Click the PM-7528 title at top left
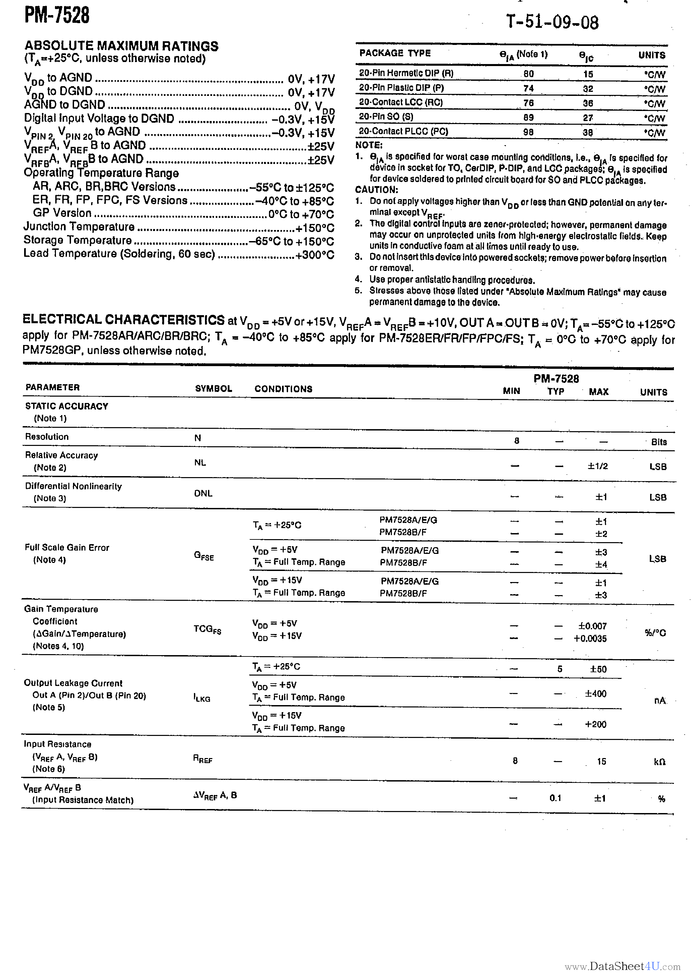(x=57, y=15)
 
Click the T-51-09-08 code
(x=552, y=22)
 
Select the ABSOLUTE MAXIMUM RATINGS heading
(x=122, y=46)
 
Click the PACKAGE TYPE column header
(x=395, y=53)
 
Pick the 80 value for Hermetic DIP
(x=528, y=74)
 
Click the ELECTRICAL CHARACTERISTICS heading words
(x=124, y=320)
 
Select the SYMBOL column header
(x=213, y=389)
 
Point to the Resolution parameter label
(x=47, y=437)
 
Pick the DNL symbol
(x=203, y=493)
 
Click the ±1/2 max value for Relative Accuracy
(x=598, y=466)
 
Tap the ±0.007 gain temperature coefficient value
(x=592, y=626)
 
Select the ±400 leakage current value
(x=595, y=694)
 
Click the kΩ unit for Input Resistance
(x=659, y=761)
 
